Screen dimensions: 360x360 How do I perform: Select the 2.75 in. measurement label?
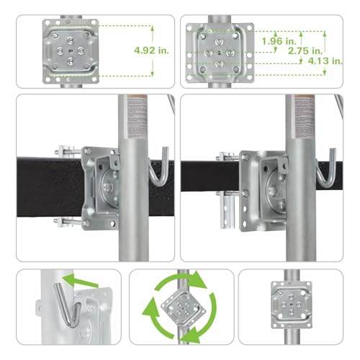[x=302, y=51]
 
